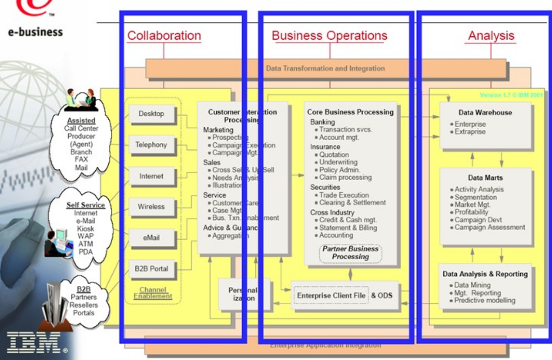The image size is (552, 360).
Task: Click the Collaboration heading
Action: (x=164, y=35)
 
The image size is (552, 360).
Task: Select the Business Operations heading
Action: (x=330, y=35)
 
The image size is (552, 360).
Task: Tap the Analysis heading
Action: (x=491, y=35)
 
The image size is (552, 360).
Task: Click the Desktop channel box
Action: (x=151, y=114)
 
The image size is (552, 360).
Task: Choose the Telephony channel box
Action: (x=151, y=145)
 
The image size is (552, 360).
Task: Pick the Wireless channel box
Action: (x=151, y=207)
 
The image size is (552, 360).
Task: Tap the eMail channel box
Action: (x=151, y=237)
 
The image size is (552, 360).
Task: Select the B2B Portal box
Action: (x=151, y=269)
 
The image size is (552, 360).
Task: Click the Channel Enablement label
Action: (x=153, y=293)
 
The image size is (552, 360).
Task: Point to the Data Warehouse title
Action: (x=485, y=113)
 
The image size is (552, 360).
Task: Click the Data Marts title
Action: (x=485, y=178)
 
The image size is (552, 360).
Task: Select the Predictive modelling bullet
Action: (x=485, y=301)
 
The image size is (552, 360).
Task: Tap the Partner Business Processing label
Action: (x=351, y=253)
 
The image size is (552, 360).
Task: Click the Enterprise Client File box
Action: (x=331, y=296)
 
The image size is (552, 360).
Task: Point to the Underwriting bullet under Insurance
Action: (x=338, y=162)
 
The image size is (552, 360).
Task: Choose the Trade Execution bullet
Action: (x=344, y=195)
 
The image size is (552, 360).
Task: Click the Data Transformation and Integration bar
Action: (x=325, y=68)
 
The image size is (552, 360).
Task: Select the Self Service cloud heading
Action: (x=86, y=205)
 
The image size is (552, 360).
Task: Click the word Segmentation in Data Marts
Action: (x=476, y=197)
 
